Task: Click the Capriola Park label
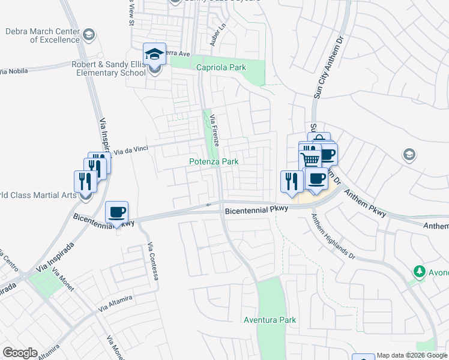[x=221, y=68]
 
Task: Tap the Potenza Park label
[x=214, y=161]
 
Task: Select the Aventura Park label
[x=270, y=320]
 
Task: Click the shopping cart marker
[x=310, y=159]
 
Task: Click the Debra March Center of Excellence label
[x=42, y=35]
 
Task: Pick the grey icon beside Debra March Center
[x=89, y=34]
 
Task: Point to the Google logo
[x=20, y=353]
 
